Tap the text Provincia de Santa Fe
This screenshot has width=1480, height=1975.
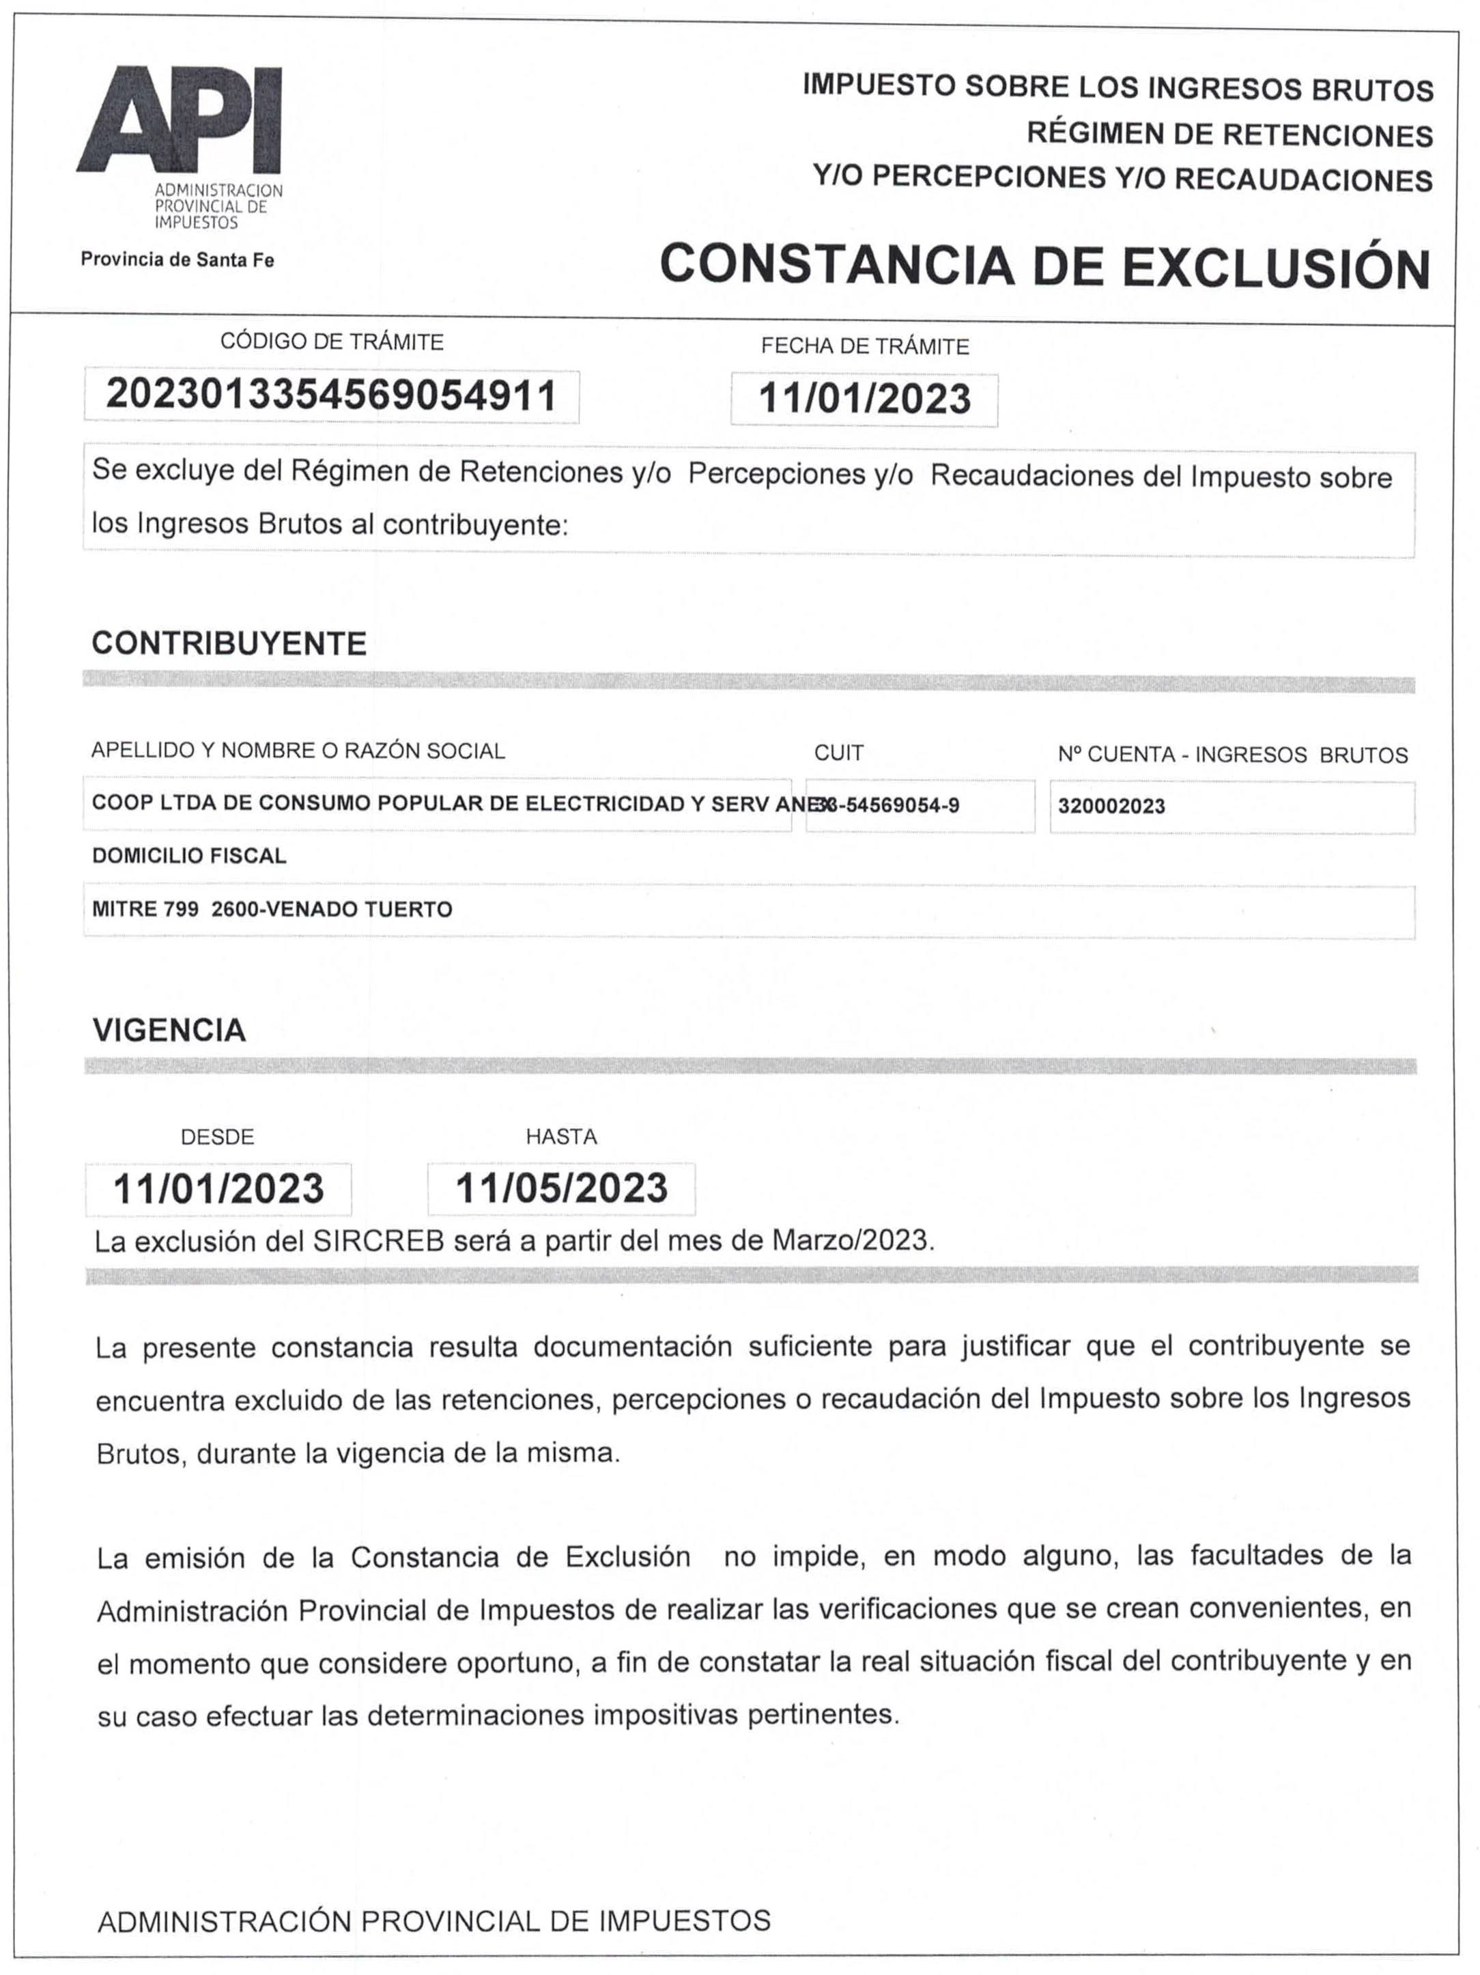pyautogui.click(x=177, y=260)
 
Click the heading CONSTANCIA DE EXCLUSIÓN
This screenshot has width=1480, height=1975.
pyautogui.click(x=1044, y=266)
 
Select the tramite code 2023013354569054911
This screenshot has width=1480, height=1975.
pyautogui.click(x=331, y=395)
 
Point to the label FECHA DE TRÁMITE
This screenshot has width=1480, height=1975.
pyautogui.click(x=864, y=346)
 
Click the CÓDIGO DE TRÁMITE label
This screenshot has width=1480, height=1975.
pyautogui.click(x=331, y=342)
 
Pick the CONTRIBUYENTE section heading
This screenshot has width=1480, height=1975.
pyautogui.click(x=229, y=643)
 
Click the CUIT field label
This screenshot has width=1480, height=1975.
pyautogui.click(x=838, y=753)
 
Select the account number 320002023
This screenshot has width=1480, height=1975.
pyautogui.click(x=1111, y=807)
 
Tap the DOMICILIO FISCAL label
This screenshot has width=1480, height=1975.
pyautogui.click(x=188, y=856)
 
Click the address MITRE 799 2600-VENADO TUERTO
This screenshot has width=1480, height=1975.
pyautogui.click(x=272, y=909)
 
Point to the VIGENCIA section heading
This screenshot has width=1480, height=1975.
pyautogui.click(x=169, y=1029)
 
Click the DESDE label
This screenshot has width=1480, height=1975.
pyautogui.click(x=217, y=1136)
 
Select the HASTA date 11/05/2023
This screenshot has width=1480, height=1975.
pyautogui.click(x=560, y=1188)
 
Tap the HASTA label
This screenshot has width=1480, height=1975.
pyautogui.click(x=560, y=1136)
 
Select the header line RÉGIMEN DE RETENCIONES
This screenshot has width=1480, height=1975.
pyautogui.click(x=1229, y=134)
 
